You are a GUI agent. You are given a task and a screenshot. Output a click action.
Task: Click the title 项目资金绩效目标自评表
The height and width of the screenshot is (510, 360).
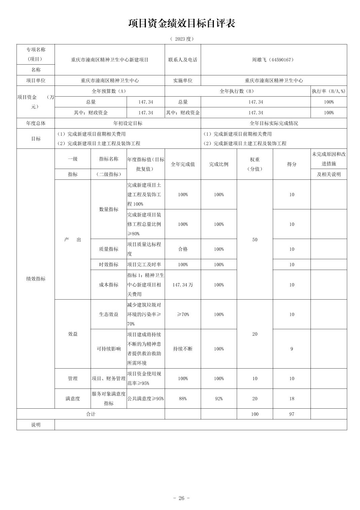tap(182, 23)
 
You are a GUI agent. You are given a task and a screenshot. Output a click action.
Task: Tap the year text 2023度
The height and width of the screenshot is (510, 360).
tap(182, 39)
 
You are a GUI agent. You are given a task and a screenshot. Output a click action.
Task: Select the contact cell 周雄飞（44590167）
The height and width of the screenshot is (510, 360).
tap(273, 60)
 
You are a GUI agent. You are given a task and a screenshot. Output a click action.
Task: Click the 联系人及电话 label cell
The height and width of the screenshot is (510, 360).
tap(183, 60)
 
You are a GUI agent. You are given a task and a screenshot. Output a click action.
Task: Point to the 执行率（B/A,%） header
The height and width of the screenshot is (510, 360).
tap(328, 91)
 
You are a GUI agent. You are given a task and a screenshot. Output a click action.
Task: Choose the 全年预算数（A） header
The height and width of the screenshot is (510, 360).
tap(109, 91)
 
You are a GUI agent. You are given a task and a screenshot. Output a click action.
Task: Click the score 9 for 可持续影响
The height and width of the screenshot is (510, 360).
tap(292, 349)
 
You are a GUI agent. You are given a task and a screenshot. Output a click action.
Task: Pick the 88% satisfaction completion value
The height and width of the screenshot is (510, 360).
tap(183, 399)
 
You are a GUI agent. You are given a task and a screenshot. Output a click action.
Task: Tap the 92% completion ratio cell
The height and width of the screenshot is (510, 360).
tap(219, 399)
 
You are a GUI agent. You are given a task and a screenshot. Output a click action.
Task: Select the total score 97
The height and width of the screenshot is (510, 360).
tap(292, 414)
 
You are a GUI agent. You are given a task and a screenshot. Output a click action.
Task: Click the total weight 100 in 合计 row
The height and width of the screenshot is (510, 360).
tap(255, 414)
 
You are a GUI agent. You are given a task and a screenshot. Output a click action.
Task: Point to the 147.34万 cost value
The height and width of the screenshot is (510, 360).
tap(183, 285)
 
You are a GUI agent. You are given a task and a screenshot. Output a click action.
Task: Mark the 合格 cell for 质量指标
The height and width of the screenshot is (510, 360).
tap(183, 249)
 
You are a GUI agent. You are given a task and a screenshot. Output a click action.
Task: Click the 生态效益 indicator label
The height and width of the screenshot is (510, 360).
tap(109, 314)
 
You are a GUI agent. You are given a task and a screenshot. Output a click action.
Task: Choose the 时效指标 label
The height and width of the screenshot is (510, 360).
tap(109, 265)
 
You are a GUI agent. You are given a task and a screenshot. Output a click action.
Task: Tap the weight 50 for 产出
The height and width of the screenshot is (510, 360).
tap(255, 240)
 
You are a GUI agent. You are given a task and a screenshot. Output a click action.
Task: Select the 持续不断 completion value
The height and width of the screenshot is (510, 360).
tap(183, 349)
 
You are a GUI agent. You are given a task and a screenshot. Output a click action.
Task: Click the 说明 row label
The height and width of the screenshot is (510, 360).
tap(36, 424)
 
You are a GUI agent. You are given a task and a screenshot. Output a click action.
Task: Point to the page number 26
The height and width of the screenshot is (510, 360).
tap(181, 498)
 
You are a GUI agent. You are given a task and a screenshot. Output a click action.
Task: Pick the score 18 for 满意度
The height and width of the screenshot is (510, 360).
tap(292, 399)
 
